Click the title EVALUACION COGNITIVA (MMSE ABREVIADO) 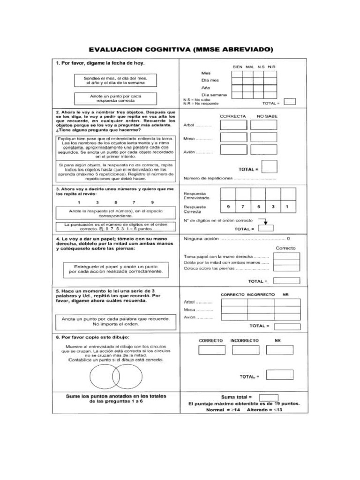180,50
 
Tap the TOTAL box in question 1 290,102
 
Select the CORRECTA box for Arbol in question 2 233,125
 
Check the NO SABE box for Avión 263,150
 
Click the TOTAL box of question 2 270,167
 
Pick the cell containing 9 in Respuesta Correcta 228,207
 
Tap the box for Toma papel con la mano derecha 286,256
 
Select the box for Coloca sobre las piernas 286,269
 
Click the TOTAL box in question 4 286,281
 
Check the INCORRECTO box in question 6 245,350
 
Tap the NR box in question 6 279,350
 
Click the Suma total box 269,397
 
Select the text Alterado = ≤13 265,410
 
